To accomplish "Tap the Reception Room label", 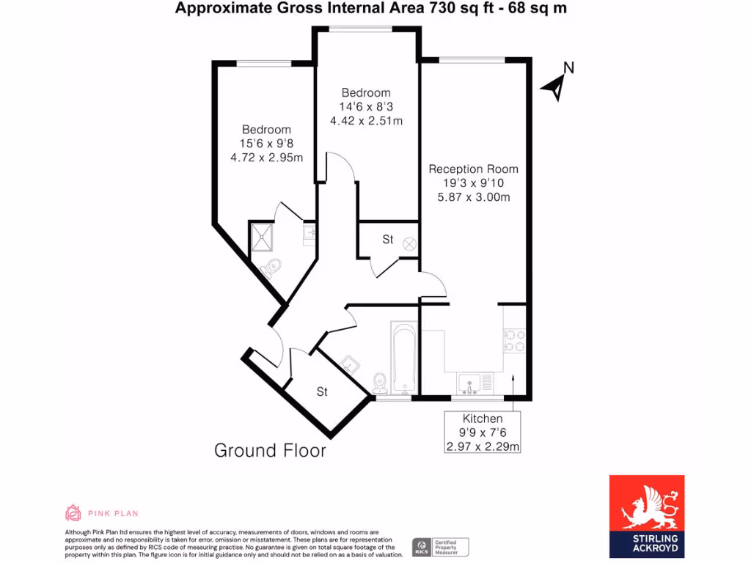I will pyautogui.click(x=473, y=169).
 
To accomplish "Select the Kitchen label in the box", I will pyautogui.click(x=483, y=419).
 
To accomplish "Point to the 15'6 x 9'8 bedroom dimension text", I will pyautogui.click(x=266, y=144).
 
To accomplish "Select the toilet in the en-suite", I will pyautogui.click(x=269, y=269).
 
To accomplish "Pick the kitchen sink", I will pyautogui.click(x=469, y=382).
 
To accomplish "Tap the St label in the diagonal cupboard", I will pyautogui.click(x=322, y=392).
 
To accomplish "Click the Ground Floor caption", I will pyautogui.click(x=270, y=450).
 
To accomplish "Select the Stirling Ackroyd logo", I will pyautogui.click(x=647, y=515).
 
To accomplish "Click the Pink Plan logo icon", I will pyautogui.click(x=73, y=512).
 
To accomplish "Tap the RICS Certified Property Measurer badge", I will pyautogui.click(x=440, y=547).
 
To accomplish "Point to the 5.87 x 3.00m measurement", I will pyautogui.click(x=473, y=196).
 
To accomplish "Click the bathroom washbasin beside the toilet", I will pyautogui.click(x=349, y=363).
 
